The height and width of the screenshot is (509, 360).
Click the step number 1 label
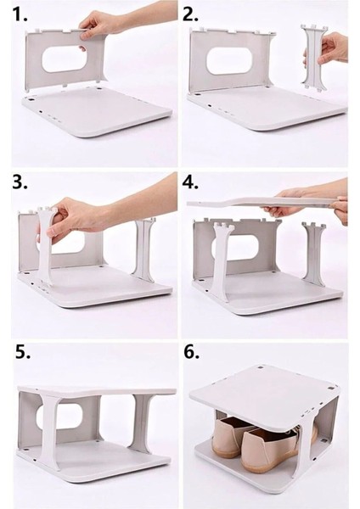[20, 14]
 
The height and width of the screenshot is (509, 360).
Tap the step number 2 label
[190, 14]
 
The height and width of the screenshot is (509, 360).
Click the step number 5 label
[23, 352]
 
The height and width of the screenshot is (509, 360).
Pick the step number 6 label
[192, 352]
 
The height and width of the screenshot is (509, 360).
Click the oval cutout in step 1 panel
[64, 59]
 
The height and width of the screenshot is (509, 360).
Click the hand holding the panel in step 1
[98, 26]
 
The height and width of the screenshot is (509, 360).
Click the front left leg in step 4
[222, 260]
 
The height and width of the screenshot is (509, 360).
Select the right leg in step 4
[313, 253]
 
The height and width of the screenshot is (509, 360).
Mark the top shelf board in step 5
[97, 391]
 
